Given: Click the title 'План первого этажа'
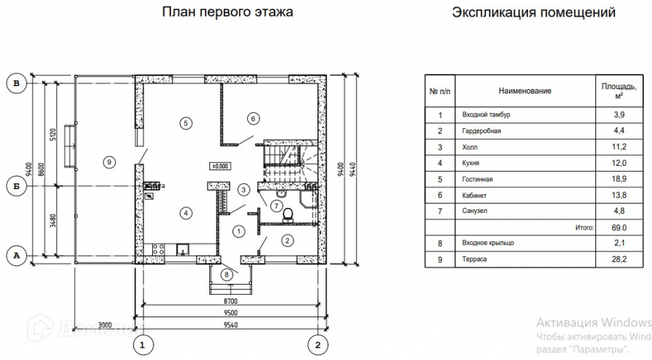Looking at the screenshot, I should (x=227, y=12).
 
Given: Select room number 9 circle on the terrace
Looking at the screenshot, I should (x=108, y=161).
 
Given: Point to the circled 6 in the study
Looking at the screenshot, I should (x=252, y=118).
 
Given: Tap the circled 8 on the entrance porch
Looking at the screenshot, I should (x=228, y=275).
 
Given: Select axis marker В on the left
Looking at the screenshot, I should (x=17, y=84).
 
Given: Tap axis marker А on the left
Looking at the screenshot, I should (x=17, y=255).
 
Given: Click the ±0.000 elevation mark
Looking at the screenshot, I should (x=220, y=166).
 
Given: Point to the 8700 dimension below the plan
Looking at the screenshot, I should (x=230, y=300).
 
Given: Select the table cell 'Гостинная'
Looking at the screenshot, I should (x=478, y=179).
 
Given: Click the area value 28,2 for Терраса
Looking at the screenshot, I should (x=619, y=259).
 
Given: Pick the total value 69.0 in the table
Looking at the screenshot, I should (x=619, y=227).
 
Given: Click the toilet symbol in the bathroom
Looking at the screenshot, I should (x=288, y=213).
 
